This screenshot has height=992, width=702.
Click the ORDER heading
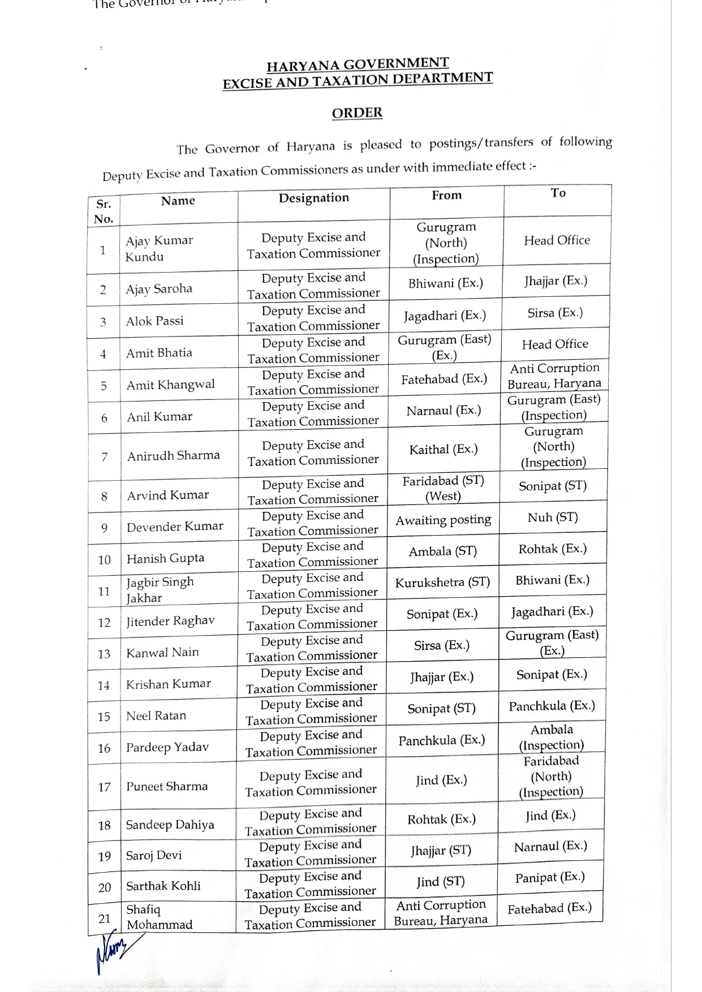click(x=357, y=113)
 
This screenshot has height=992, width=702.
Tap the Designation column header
click(x=313, y=198)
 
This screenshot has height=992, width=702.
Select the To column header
click(x=558, y=193)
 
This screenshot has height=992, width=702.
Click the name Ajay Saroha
click(x=159, y=289)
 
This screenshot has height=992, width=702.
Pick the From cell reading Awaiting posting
click(x=443, y=520)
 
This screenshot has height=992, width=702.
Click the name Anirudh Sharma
click(x=173, y=456)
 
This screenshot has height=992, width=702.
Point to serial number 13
click(x=104, y=654)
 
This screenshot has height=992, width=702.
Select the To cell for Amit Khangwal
click(x=554, y=376)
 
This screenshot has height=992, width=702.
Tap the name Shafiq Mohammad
click(x=159, y=917)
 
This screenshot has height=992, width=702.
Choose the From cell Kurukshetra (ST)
click(x=442, y=583)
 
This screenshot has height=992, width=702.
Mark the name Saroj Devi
click(x=154, y=855)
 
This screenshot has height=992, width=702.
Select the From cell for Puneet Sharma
click(x=441, y=780)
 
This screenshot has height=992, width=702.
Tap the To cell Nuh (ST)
click(x=553, y=517)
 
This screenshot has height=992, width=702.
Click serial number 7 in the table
click(x=104, y=457)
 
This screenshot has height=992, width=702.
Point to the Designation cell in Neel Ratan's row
click(x=311, y=711)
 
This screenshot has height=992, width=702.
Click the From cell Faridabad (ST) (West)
click(x=443, y=488)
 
